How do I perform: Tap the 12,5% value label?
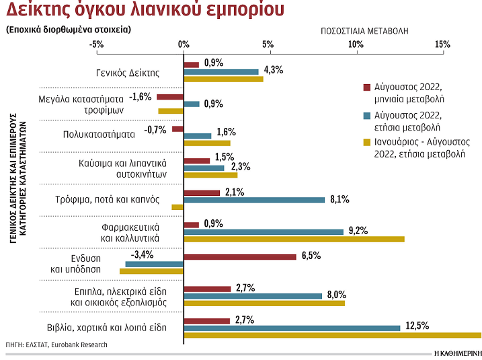point(417,326)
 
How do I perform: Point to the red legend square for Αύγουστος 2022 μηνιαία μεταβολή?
point(366,87)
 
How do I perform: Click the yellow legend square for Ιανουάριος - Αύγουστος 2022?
point(366,142)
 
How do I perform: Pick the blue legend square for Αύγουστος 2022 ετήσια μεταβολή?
point(366,114)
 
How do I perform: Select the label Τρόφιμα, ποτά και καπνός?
point(107,199)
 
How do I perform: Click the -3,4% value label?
point(144,254)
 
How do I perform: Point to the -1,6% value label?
point(140,96)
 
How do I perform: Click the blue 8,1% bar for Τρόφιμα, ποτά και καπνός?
point(253,200)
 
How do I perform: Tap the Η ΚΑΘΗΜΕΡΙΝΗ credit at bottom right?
point(458,353)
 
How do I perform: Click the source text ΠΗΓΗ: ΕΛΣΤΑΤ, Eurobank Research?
point(56,345)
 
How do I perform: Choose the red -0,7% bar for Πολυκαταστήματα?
point(177,129)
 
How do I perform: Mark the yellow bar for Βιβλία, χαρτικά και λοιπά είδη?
point(332,335)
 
